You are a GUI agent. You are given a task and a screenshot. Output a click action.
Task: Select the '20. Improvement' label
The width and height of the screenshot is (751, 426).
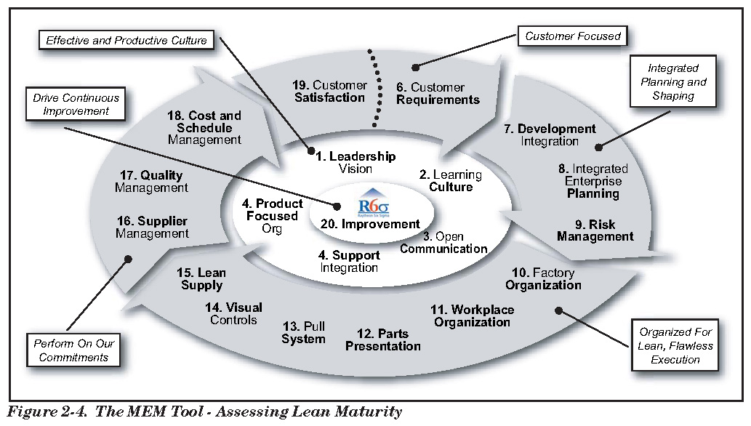pos(370,225)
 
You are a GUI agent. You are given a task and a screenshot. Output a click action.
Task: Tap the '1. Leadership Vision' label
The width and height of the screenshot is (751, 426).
pos(356,162)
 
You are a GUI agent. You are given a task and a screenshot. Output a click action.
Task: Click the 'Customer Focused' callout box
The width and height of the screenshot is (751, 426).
pos(572,36)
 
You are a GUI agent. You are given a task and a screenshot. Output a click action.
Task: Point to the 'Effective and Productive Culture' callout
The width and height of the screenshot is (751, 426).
pos(126,41)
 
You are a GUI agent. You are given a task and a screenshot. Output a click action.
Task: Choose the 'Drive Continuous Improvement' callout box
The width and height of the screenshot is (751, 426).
pos(76,104)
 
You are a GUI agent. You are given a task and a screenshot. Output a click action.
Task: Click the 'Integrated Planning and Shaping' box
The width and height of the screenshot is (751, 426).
pos(673,82)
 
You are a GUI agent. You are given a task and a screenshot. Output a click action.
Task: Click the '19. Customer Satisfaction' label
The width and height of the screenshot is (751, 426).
pos(331,92)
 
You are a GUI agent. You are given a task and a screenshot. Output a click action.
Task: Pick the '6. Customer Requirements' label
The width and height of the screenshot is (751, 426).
pos(438,94)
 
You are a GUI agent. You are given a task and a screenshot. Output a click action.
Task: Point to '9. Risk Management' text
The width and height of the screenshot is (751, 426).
pos(595,230)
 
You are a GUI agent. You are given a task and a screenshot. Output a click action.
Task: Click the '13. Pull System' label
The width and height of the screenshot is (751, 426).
pos(303,333)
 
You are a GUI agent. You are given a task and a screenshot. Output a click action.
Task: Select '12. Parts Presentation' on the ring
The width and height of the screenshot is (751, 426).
pos(382,340)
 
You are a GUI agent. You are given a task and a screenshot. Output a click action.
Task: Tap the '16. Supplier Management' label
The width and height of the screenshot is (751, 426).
pos(152,227)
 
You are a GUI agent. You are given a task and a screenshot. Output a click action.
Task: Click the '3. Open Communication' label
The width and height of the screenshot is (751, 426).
pos(443,243)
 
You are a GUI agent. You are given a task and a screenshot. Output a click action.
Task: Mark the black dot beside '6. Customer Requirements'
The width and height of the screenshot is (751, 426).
pos(415,68)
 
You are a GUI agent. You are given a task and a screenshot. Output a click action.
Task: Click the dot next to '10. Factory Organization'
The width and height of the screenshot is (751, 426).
pos(559,310)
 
